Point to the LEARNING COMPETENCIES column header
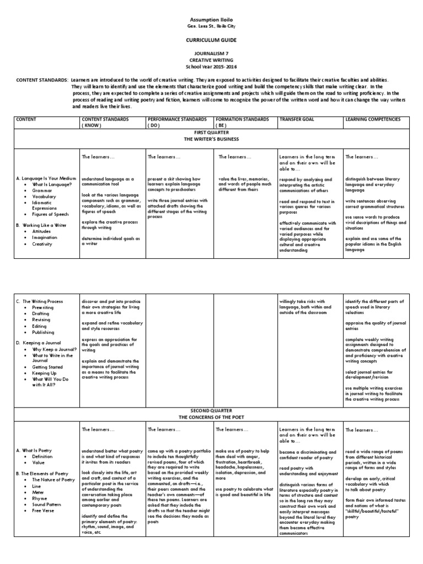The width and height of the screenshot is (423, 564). coord(373,119)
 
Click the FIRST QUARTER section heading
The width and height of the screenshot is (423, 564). coord(211,133)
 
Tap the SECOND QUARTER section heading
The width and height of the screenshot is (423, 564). coord(211,411)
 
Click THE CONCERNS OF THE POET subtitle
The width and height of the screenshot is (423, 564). coord(211,417)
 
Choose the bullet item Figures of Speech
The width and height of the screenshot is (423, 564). coord(51,214)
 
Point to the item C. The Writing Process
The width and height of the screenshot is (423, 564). coord(39,301)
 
